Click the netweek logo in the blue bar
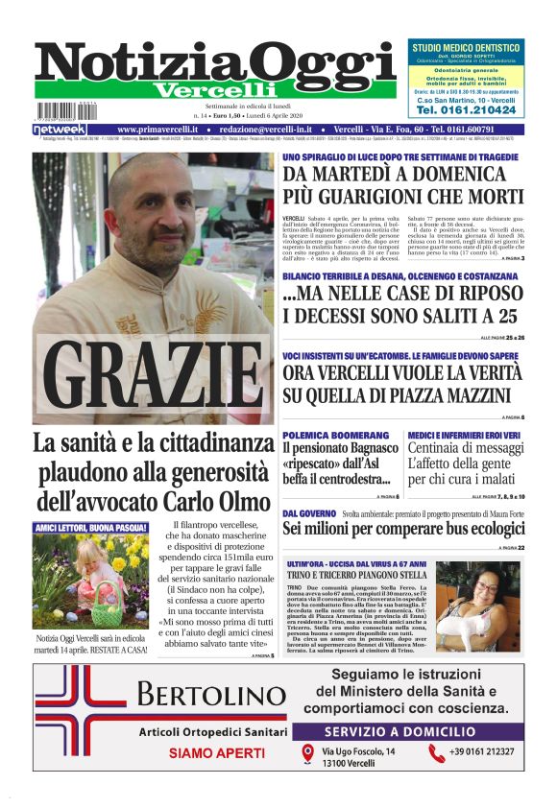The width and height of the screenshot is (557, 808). pyautogui.click(x=60, y=129)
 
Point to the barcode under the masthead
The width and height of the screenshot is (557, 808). pyautogui.click(x=67, y=111)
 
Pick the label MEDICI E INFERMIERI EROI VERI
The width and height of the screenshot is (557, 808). pyautogui.click(x=464, y=436)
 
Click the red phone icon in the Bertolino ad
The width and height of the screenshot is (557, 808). pyautogui.click(x=437, y=753)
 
